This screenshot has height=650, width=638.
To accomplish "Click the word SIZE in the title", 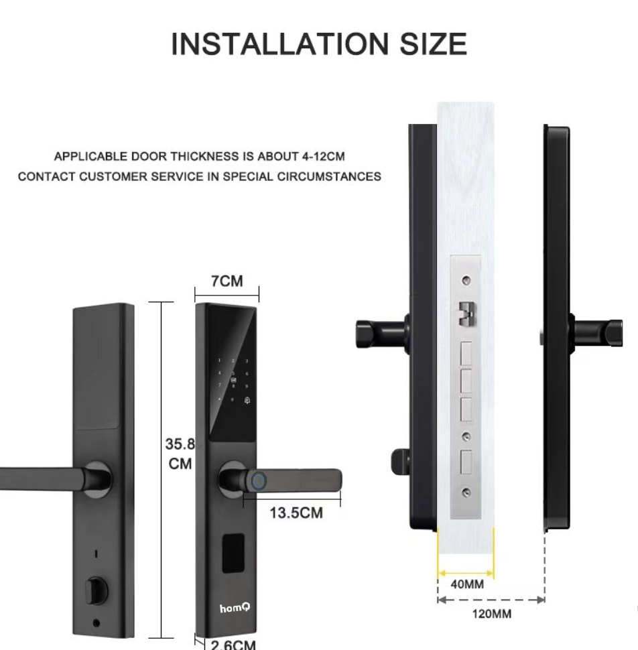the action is pos(433,44).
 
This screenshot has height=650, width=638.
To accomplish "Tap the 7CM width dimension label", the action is pos(227,281).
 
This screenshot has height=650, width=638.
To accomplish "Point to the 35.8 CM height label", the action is pos(180,454).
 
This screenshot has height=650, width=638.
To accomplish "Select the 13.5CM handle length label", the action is pos(296,513).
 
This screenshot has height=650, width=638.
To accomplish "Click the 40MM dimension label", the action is pos(467,584).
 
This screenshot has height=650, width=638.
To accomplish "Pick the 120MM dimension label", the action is pos(492,614).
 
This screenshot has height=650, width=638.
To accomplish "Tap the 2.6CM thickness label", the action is pos(233,645).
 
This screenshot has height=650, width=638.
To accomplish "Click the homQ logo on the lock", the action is pos(235,608).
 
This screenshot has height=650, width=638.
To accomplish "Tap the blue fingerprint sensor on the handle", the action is pos(259,481).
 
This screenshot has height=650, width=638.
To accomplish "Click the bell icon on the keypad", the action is pos(247,400).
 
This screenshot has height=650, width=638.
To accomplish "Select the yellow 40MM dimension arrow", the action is pos(466,574).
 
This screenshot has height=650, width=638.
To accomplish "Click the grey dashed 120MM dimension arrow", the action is pos(491,600).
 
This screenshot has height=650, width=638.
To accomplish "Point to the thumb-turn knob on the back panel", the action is pos(97,589).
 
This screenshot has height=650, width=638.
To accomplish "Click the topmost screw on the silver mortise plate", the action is pos(466,280).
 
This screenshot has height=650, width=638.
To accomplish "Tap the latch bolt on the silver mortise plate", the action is pos(467,314).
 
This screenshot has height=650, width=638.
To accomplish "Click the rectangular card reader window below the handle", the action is pos(233,553).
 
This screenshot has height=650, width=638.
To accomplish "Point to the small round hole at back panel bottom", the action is pos(97,623).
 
